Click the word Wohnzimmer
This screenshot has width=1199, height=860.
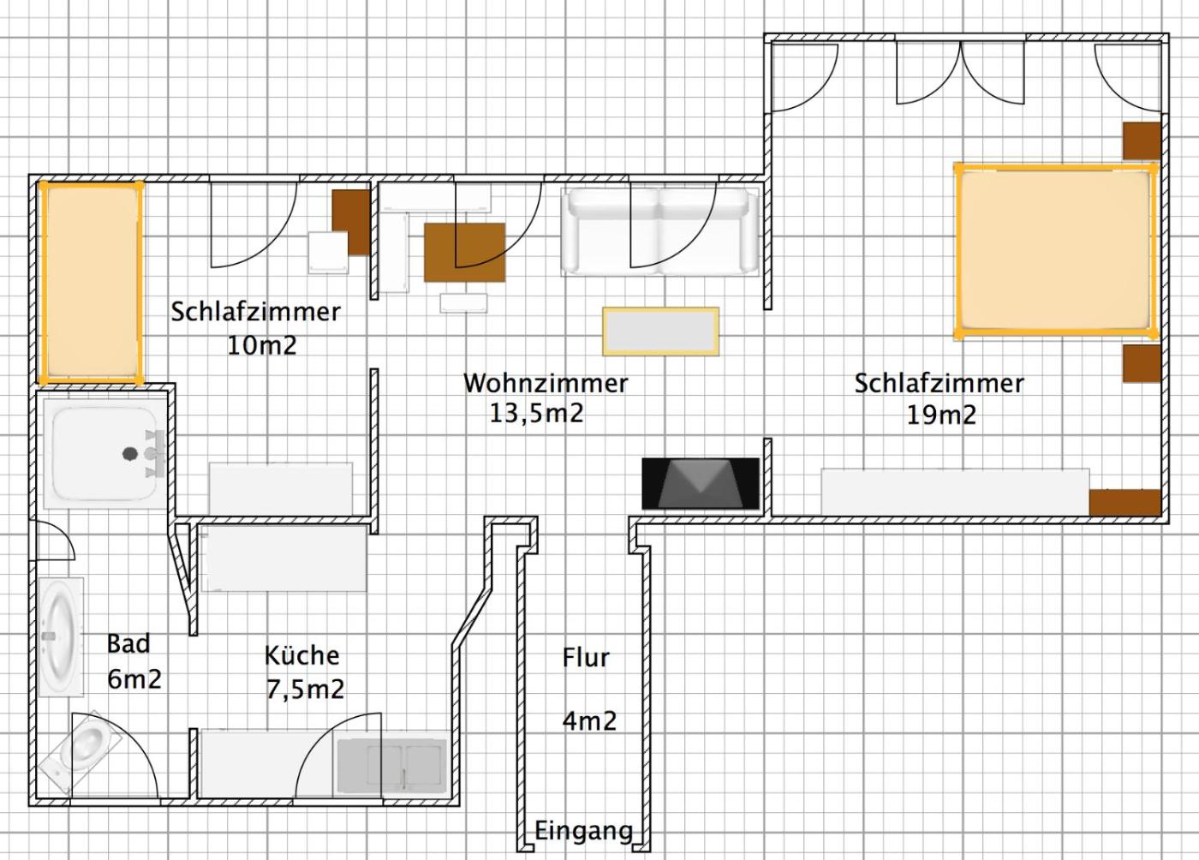[x=546, y=384]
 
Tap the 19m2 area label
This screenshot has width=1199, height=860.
[x=941, y=415]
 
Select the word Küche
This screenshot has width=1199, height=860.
[x=301, y=655]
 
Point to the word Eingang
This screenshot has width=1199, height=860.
[x=584, y=832]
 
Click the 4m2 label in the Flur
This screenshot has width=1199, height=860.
[x=589, y=720]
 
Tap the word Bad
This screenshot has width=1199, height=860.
[x=128, y=643]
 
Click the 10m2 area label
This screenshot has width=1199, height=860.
[x=262, y=345]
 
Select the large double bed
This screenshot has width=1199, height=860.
[x=1055, y=251]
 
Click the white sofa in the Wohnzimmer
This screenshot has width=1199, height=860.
[x=660, y=231]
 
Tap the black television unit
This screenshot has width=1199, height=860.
[x=701, y=484]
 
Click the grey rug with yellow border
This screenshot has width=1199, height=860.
[x=660, y=331]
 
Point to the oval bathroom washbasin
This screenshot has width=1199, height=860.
[x=61, y=636]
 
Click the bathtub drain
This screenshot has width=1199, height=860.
[x=130, y=454]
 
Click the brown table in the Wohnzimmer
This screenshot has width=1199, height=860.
[x=464, y=252]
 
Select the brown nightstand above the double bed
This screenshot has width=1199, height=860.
[x=1141, y=140]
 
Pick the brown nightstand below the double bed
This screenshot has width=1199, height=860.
[x=1141, y=363]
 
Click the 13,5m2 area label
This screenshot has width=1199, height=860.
[x=536, y=414]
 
